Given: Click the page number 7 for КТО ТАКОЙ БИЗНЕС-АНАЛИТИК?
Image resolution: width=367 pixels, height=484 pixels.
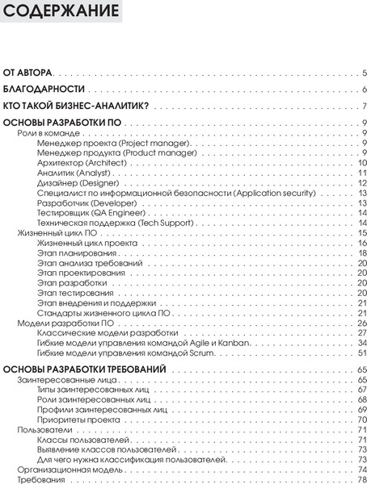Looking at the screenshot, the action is [365, 106].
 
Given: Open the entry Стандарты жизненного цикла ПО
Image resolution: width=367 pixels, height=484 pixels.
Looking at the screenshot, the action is [103, 313].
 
